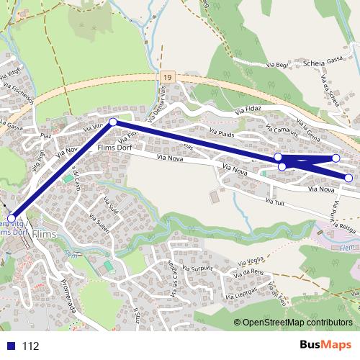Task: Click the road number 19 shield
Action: pyautogui.click(x=166, y=75)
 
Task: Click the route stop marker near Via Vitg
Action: pyautogui.click(x=112, y=122)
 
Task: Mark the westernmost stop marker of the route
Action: pyautogui.click(x=12, y=217)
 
